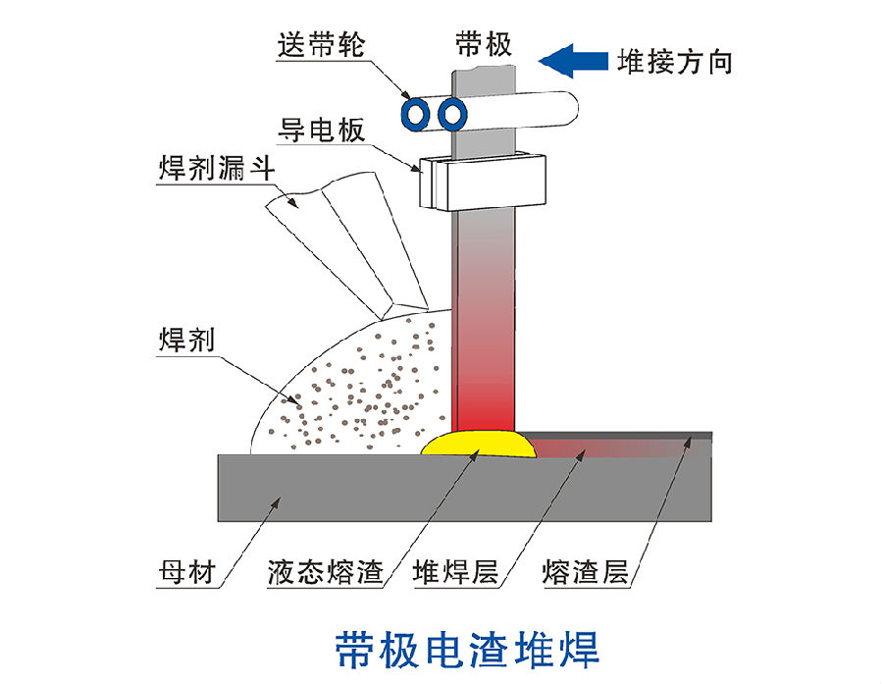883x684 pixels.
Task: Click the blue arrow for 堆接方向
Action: pyautogui.click(x=571, y=61)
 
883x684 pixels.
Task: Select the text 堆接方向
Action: pyautogui.click(x=675, y=62)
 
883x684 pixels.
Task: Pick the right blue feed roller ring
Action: pyautogui.click(x=451, y=114)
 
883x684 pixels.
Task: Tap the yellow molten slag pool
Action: pyautogui.click(x=479, y=444)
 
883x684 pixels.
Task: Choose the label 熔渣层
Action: pyautogui.click(x=585, y=572)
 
